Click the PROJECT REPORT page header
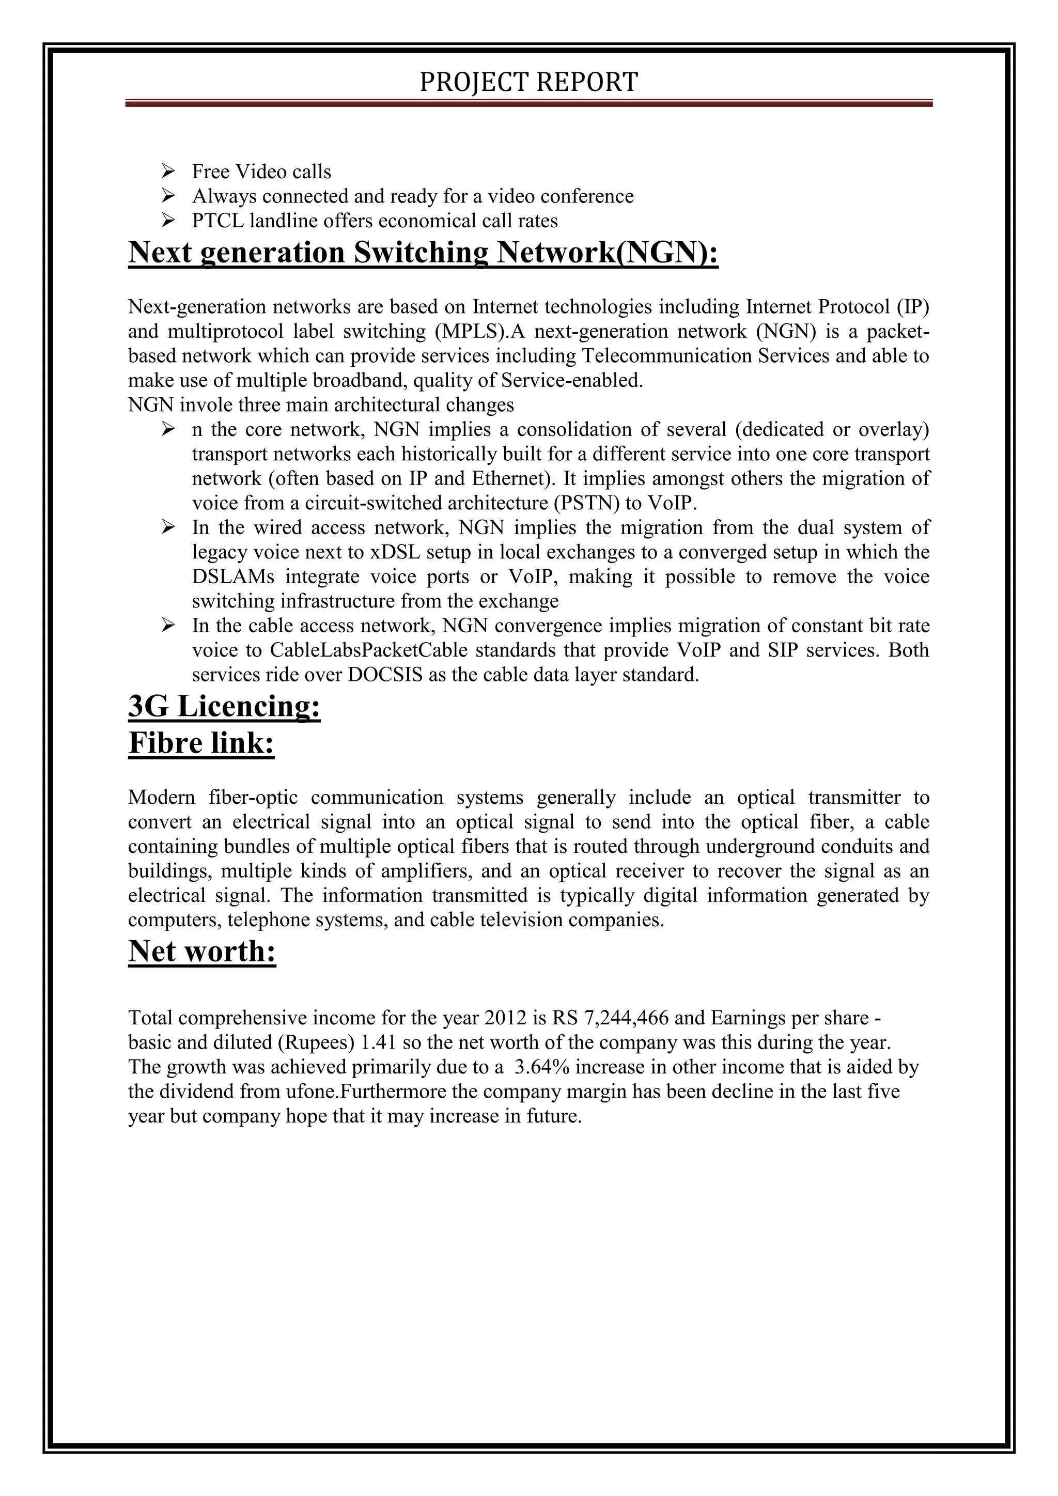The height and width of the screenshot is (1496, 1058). tap(528, 82)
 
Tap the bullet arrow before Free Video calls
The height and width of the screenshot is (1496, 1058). tap(168, 172)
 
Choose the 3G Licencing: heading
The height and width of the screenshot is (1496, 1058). tap(224, 706)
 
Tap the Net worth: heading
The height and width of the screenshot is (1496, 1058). tap(202, 952)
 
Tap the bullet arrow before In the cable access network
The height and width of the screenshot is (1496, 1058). tap(168, 626)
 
